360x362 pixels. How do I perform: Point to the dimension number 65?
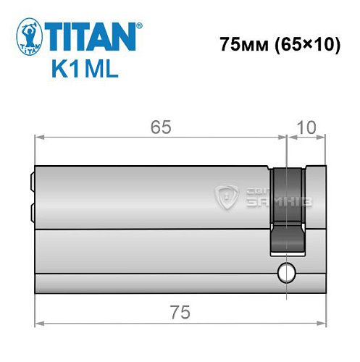(x=161, y=127)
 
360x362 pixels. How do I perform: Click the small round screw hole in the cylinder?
(x=287, y=274)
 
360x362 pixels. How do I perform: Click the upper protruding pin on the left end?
(x=32, y=180)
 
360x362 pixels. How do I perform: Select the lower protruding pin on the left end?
(x=32, y=211)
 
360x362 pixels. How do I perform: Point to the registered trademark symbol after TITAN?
(x=139, y=25)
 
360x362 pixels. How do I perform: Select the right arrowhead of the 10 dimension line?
(x=319, y=136)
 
